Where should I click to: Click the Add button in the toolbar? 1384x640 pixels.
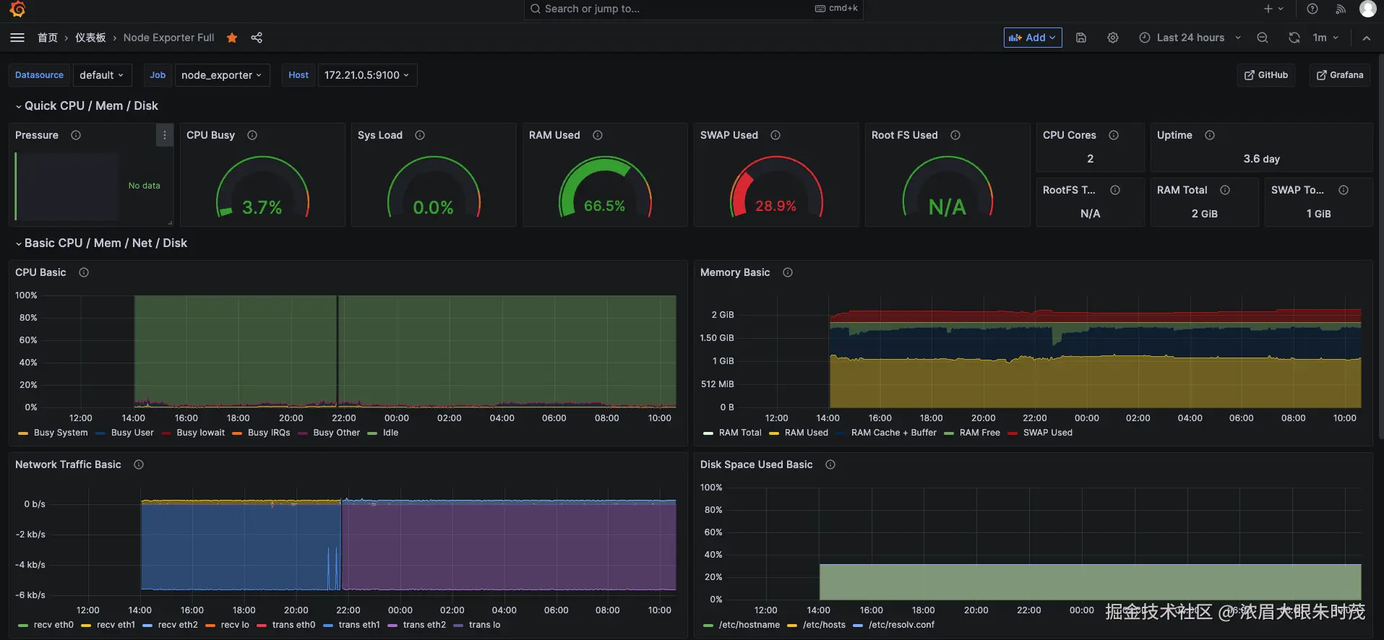click(x=1032, y=38)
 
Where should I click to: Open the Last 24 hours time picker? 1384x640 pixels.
click(x=1190, y=38)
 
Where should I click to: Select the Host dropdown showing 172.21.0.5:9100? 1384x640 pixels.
click(x=367, y=75)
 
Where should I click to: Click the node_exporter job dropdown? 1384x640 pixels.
click(x=222, y=75)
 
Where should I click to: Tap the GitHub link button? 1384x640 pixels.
click(x=1266, y=75)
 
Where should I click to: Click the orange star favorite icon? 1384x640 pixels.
click(x=232, y=38)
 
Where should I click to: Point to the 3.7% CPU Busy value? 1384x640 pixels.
click(x=262, y=207)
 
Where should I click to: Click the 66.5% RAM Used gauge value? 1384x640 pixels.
click(x=604, y=206)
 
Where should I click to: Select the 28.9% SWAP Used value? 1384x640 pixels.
click(x=775, y=206)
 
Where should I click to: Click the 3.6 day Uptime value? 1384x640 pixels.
click(x=1261, y=159)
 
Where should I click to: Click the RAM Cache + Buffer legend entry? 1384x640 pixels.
click(x=893, y=433)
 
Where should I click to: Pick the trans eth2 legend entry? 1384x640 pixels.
click(x=424, y=625)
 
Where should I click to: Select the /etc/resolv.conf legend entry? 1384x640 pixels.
click(x=901, y=625)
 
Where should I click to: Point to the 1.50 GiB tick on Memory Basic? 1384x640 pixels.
click(x=716, y=338)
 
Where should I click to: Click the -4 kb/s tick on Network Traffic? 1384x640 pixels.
click(x=30, y=565)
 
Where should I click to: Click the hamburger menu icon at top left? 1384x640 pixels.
click(x=17, y=38)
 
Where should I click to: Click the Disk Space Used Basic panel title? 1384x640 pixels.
click(x=756, y=464)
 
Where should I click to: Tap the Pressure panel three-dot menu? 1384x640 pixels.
click(x=165, y=135)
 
